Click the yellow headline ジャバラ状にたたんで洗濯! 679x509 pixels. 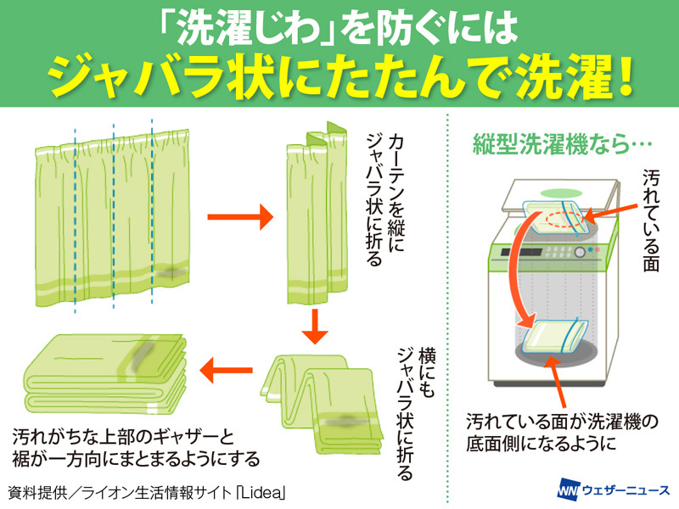pyautogui.click(x=339, y=76)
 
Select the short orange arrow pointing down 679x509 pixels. pyautogui.click(x=316, y=326)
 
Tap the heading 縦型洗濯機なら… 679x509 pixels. pyautogui.click(x=549, y=144)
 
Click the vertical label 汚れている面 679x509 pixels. pyautogui.click(x=651, y=221)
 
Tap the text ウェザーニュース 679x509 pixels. pyautogui.click(x=625, y=490)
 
